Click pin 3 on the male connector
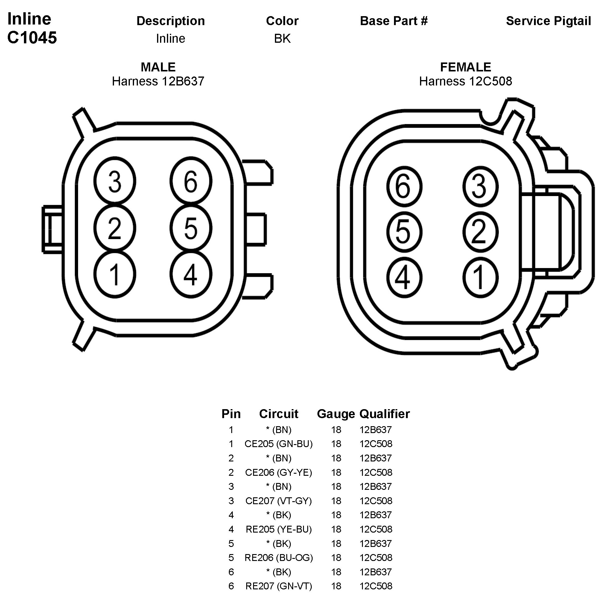pos(115,181)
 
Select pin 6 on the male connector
pos(191,181)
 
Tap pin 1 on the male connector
pos(115,274)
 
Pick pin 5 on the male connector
pos(191,228)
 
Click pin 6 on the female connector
pos(404,186)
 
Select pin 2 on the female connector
pos(480,232)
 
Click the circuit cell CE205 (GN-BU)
pos(278,444)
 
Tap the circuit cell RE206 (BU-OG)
pos(278,558)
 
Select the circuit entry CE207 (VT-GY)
pos(278,501)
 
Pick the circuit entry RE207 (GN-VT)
pos(278,586)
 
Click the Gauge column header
pos(336,414)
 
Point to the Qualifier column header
pos(384,414)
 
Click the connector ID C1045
pos(32,37)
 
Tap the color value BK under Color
pos(282,38)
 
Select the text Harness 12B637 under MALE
pos(158,81)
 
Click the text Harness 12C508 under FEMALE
pos(465,81)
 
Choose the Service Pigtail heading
pos(548,21)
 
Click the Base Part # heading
pos(393,21)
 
